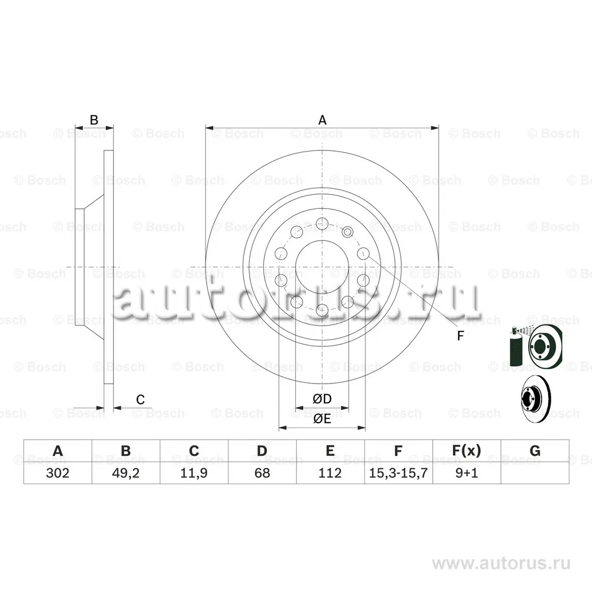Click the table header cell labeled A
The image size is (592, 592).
57,451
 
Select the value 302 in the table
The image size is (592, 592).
57,472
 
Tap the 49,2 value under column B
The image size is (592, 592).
126,472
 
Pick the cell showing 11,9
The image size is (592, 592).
194,472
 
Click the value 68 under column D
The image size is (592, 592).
262,472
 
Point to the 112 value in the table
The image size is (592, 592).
330,472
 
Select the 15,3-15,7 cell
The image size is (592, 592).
398,472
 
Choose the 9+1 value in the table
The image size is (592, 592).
466,472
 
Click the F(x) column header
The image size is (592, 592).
466,451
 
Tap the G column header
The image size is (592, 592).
535,451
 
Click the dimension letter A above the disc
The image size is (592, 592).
322,120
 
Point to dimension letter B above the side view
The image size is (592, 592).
94,120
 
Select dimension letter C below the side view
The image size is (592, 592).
140,400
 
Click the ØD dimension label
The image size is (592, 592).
322,400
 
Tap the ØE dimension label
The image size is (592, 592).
322,419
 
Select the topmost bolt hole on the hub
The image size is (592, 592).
321,223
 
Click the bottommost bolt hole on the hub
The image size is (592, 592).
321,310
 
